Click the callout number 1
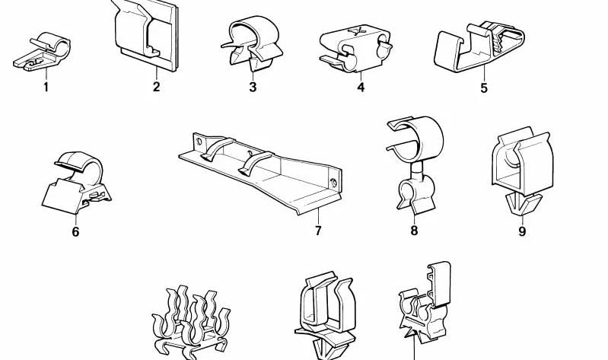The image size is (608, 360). [x=46, y=88]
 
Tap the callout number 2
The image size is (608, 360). [x=156, y=87]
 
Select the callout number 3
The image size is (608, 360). [x=253, y=87]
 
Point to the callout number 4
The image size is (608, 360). [x=361, y=88]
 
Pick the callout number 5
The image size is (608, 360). [x=484, y=88]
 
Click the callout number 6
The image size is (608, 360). [x=75, y=231]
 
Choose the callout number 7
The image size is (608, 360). [x=318, y=231]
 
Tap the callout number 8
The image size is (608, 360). [x=414, y=231]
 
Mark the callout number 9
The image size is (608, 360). [x=522, y=231]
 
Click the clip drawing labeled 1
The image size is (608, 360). [x=42, y=53]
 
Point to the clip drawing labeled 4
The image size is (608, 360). [x=355, y=49]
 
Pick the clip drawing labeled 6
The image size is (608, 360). [x=76, y=183]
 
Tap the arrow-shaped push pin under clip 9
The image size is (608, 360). [x=521, y=204]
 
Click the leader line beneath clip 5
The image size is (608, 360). [x=484, y=73]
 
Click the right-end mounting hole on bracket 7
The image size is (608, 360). [x=333, y=182]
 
